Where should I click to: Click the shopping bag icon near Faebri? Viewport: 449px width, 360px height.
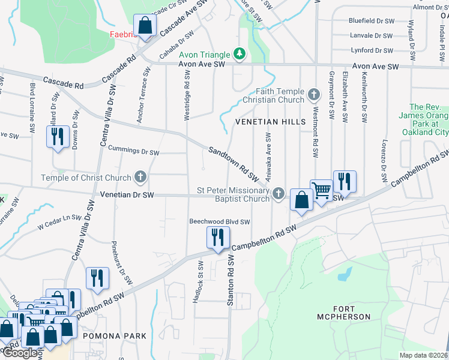(x=145, y=26)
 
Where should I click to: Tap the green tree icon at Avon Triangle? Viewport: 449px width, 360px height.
(x=240, y=54)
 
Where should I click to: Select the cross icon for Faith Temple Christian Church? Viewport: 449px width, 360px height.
(x=313, y=94)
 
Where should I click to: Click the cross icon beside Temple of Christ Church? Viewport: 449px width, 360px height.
(x=140, y=177)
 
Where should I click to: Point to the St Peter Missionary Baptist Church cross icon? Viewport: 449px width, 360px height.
(x=278, y=193)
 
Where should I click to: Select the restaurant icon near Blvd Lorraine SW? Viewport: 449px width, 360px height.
(x=58, y=137)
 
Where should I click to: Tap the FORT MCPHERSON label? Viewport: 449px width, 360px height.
(x=343, y=312)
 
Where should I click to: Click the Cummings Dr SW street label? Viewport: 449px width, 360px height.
(x=134, y=152)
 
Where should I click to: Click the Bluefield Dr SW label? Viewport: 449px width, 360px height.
(x=371, y=20)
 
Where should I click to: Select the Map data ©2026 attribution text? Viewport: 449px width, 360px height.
(x=423, y=355)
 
